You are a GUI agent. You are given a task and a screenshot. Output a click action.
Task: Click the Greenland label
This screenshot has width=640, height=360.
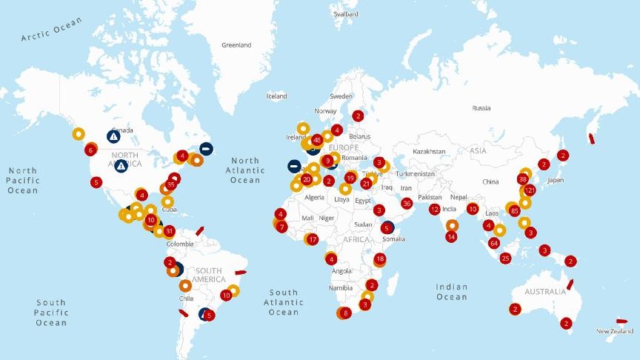236,45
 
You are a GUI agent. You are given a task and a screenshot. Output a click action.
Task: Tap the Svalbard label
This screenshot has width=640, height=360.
346,14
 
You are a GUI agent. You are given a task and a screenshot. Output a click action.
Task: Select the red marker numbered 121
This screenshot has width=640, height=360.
529,191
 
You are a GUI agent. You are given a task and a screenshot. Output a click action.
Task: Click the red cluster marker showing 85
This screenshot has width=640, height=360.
515,211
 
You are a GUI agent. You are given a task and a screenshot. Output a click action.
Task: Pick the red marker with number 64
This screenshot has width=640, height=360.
494,243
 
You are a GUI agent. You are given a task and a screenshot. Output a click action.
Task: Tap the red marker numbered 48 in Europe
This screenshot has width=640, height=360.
317,139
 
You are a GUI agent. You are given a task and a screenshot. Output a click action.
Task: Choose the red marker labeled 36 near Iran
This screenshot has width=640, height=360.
406,203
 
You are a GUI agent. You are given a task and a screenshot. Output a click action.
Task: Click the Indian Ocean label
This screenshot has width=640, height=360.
451,292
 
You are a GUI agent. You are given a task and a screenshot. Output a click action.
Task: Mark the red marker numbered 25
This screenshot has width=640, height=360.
505,259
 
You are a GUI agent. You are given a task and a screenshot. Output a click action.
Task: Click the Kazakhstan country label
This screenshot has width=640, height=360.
430,151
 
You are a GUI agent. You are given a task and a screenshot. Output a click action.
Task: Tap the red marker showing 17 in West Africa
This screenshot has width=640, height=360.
313,239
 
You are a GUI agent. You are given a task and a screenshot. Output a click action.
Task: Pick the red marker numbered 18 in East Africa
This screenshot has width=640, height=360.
380,259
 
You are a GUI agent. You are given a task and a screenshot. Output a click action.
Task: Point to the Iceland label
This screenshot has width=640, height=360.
277,96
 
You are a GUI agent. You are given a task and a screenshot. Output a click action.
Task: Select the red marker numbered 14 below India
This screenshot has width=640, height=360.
451,237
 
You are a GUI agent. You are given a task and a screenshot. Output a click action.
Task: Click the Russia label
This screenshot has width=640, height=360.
481,108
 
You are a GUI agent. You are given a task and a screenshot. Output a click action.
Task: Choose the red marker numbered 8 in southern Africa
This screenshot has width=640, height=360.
345,313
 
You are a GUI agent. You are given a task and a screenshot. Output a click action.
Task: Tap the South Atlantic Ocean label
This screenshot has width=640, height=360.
284,302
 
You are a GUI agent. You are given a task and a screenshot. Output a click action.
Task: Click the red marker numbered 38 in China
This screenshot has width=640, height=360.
523,179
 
